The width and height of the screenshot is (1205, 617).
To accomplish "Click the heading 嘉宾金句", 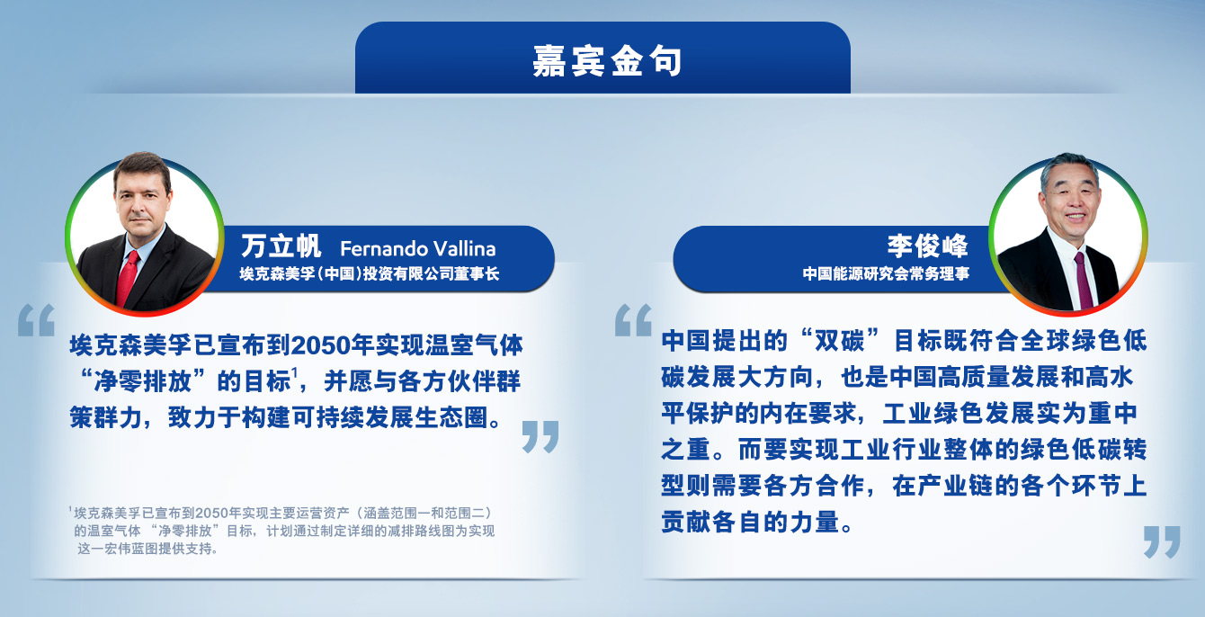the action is [x=607, y=60].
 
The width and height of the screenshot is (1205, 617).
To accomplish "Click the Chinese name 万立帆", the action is [x=281, y=246].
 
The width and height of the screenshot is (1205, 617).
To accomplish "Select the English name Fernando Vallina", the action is [x=418, y=248].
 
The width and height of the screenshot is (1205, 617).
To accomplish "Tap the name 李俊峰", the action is [x=927, y=246].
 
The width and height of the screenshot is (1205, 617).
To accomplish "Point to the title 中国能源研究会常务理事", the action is [x=886, y=273].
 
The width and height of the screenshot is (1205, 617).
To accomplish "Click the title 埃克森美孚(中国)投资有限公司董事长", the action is [x=370, y=273].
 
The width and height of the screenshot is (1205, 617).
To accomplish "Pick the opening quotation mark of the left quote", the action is [x=37, y=320].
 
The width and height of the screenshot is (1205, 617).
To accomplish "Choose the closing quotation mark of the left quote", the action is [x=540, y=436].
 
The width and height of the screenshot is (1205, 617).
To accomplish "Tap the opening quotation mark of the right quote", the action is [x=634, y=320].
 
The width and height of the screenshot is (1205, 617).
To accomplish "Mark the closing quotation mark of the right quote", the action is [x=1162, y=541].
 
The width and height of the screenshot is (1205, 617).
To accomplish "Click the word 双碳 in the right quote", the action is [x=840, y=341].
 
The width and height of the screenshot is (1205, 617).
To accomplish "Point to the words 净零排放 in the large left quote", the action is [x=143, y=381].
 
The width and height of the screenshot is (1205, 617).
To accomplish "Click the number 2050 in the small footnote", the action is [x=211, y=513].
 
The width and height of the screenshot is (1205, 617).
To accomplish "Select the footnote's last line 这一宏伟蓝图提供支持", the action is [x=147, y=549].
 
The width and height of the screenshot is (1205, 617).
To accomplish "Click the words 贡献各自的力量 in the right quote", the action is [x=750, y=522].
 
